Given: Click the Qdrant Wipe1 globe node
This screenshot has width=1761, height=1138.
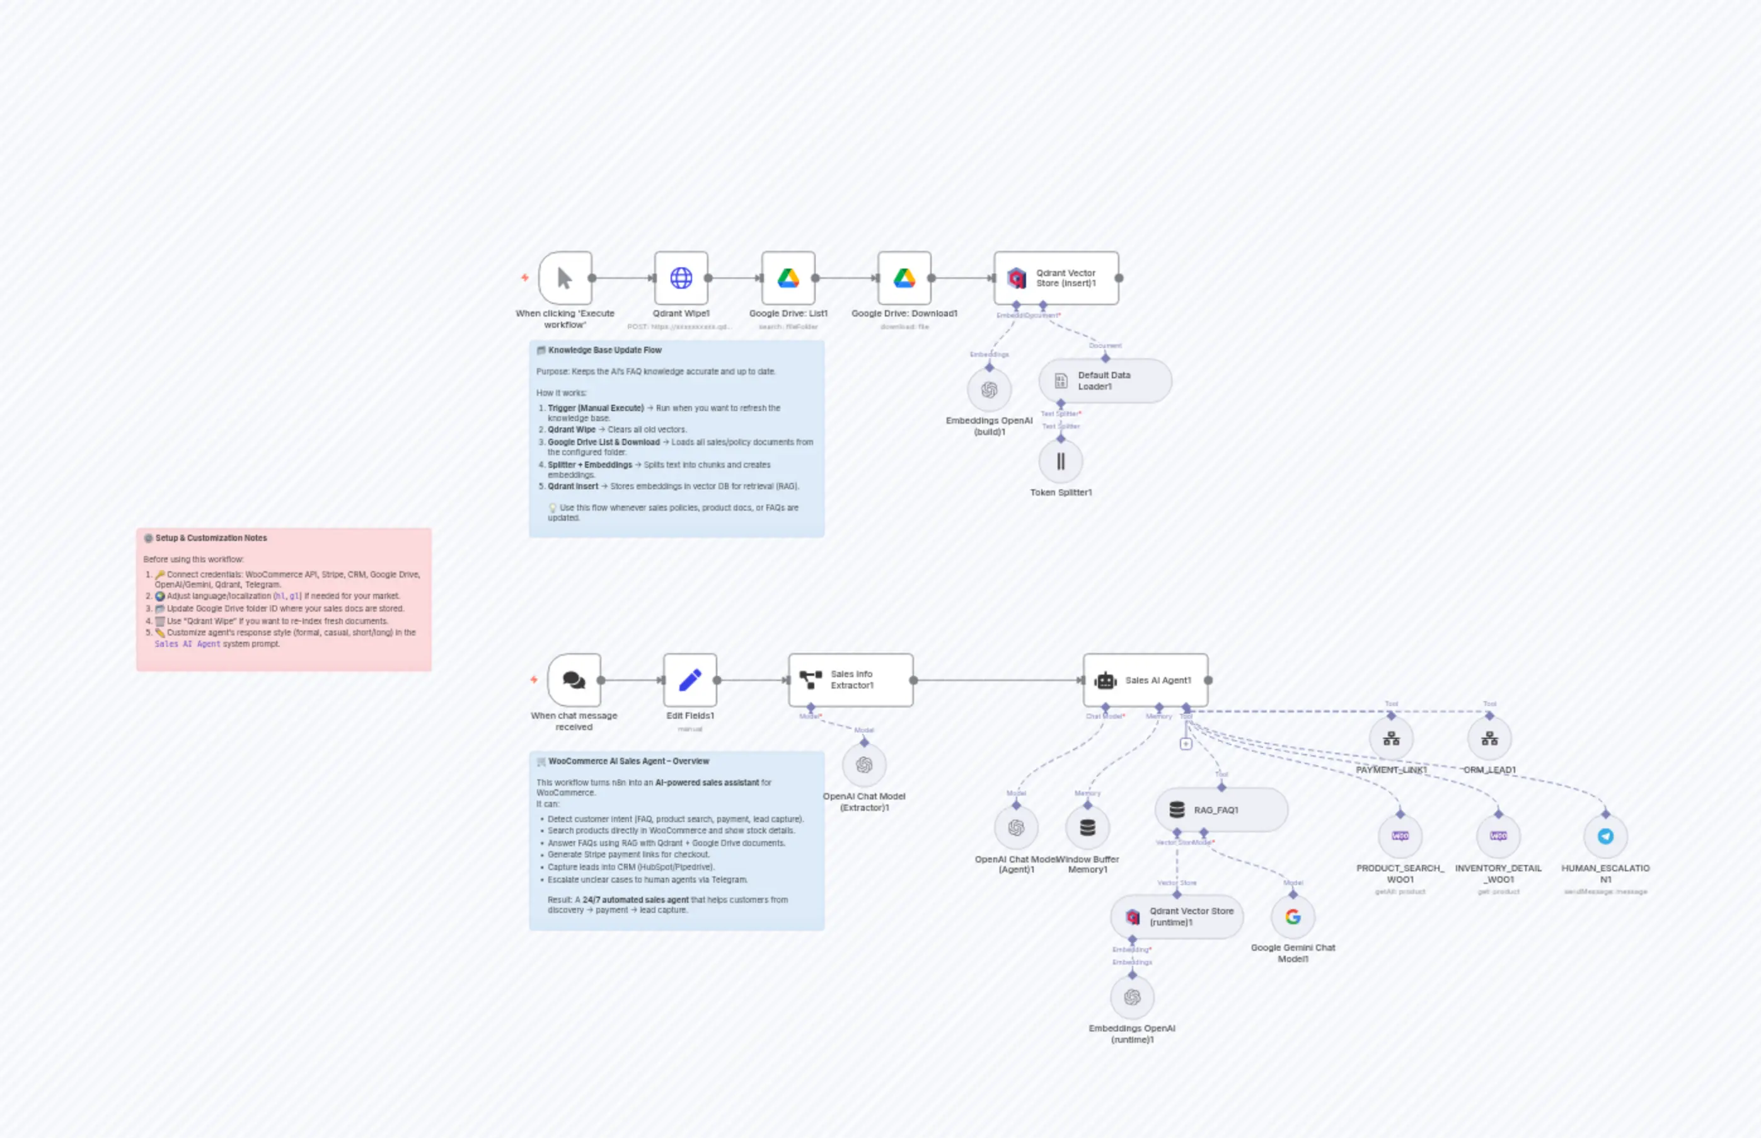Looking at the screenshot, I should [680, 278].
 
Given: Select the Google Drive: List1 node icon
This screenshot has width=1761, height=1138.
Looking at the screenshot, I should [788, 278].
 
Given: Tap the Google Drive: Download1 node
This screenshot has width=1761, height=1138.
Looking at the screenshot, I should [904, 278].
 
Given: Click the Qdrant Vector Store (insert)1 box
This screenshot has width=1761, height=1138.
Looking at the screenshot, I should [1056, 278].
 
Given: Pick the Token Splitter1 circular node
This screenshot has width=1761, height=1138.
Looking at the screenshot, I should [1061, 461].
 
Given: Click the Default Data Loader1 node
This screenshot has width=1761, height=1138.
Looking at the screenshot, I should [1104, 381].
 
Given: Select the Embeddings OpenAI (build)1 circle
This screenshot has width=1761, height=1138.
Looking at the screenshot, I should [989, 390].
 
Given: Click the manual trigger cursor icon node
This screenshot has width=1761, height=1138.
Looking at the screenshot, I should [565, 278].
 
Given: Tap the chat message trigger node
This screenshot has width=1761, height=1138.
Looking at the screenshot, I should [574, 680].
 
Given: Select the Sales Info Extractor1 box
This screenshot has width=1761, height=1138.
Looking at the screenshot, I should [850, 680].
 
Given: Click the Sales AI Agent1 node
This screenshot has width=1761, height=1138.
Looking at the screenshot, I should [1145, 680].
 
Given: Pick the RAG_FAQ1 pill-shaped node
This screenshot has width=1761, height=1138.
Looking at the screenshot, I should [1220, 810].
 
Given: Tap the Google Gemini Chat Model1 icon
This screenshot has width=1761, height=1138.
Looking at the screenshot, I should [1293, 916].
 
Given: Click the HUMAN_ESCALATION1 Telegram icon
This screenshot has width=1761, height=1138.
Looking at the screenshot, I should [1605, 836].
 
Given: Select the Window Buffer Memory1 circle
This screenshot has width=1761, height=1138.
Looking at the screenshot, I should [1087, 827].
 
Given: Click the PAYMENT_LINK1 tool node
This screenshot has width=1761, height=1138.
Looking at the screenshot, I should [1391, 738].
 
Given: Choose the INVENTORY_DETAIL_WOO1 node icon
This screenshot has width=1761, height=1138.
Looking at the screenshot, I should [1498, 836].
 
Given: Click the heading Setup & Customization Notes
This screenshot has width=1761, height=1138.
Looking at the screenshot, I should [211, 538].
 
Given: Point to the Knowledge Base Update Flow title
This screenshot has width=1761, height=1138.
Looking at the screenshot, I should [604, 351].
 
